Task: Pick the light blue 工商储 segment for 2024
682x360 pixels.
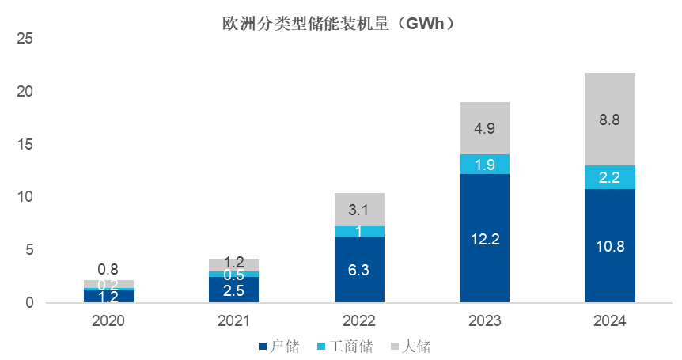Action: click(x=609, y=177)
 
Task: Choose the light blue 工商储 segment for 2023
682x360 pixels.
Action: click(x=484, y=164)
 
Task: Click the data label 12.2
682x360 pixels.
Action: click(x=484, y=239)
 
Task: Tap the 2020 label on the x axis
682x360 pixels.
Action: click(x=109, y=321)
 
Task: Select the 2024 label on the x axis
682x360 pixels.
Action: click(x=609, y=321)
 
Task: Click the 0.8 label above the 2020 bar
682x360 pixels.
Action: click(x=109, y=269)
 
